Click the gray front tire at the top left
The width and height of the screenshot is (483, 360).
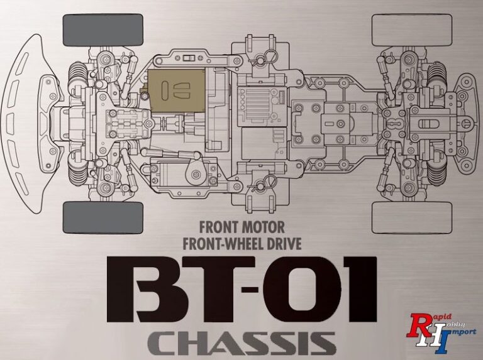[x=103, y=30]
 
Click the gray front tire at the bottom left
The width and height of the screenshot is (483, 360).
[x=103, y=217]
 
